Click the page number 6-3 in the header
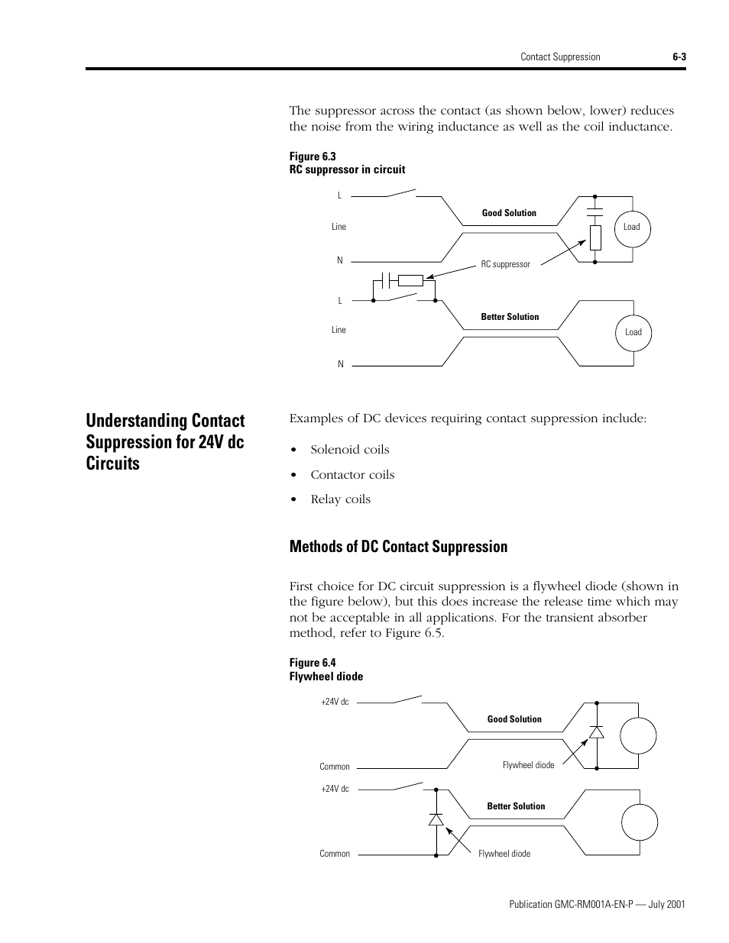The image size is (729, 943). click(679, 57)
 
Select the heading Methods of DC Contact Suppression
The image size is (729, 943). click(398, 547)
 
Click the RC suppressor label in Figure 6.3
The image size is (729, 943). click(505, 264)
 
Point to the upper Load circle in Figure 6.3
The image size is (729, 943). click(632, 227)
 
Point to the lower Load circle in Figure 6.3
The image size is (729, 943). click(633, 332)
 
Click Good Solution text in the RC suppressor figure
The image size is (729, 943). click(509, 213)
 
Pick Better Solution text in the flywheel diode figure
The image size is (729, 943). click(516, 806)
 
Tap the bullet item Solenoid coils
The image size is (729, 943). click(349, 450)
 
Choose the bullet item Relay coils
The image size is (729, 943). click(340, 499)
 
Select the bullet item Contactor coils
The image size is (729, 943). click(352, 475)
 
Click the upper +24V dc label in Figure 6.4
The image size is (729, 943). click(335, 702)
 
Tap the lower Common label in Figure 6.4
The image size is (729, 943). click(335, 854)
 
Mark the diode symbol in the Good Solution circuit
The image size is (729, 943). click(596, 731)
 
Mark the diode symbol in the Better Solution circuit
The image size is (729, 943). click(436, 820)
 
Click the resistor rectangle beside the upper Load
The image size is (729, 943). click(596, 237)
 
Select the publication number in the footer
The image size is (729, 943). click(596, 904)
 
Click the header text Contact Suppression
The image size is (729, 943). click(560, 57)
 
